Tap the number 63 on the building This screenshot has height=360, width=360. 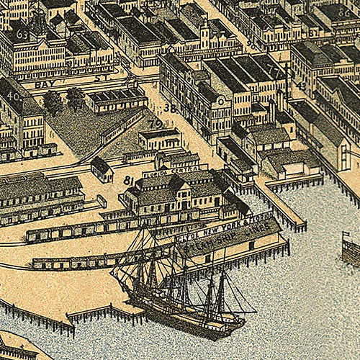(22, 34)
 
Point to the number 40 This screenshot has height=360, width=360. (13, 96)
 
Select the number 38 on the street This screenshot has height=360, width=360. (170, 109)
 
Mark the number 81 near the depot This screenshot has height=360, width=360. (130, 180)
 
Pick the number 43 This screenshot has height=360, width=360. (300, 86)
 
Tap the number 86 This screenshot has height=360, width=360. (344, 12)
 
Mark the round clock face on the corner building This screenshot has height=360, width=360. (220, 100)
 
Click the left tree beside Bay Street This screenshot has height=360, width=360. (53, 101)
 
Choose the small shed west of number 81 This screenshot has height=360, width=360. (102, 169)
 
